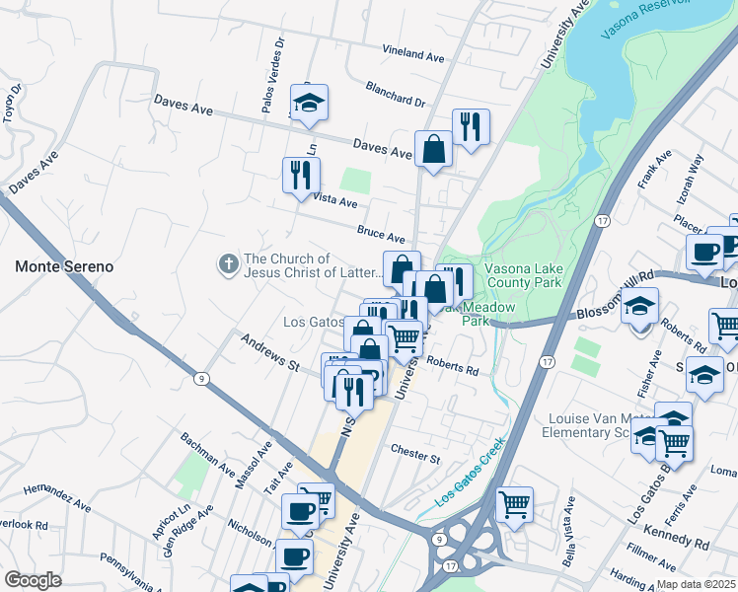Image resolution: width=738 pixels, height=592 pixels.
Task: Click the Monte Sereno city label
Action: tap(64, 266)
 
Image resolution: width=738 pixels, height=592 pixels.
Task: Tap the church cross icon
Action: tap(228, 263)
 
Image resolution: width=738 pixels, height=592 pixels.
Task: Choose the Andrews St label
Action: tap(269, 352)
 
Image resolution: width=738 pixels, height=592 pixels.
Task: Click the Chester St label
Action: tap(414, 457)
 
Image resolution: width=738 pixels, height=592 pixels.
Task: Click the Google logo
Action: tap(33, 579)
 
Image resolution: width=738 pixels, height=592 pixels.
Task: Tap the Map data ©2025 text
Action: tap(695, 584)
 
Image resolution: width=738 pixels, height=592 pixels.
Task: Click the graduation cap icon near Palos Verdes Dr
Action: tap(309, 103)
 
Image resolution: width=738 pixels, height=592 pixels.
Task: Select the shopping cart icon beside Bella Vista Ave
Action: tap(514, 505)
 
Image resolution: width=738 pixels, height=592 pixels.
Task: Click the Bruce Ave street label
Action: tap(381, 236)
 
